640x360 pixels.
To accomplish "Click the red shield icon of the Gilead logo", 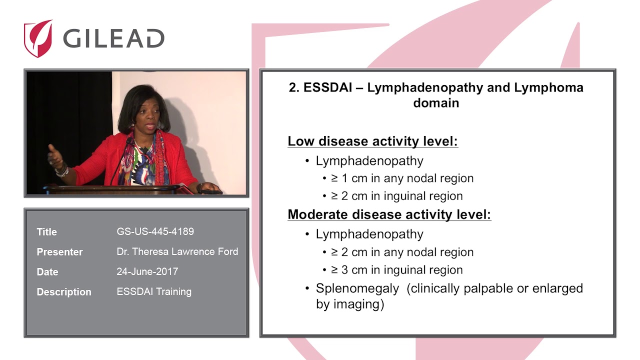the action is pos(38,38).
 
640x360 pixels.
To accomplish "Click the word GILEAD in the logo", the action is pos(113,38).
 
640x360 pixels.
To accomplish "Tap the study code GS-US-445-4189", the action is pos(155,231).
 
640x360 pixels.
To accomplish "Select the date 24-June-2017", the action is pos(147,271).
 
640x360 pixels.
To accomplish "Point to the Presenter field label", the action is pos(59,252).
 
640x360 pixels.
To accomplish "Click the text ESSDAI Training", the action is pos(154,291).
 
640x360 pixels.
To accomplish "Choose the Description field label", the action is pos(64,292).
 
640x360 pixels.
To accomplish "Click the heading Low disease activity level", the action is pos(373,141).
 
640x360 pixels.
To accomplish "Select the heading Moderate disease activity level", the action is pos(389,214).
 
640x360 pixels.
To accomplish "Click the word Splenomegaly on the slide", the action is pos(357,288).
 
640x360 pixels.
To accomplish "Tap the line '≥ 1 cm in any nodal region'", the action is pos(402,178).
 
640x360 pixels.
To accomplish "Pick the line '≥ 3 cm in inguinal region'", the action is pos(397,270).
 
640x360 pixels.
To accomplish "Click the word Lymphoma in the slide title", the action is pos(548,87).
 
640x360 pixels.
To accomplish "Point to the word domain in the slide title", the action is pos(436,103).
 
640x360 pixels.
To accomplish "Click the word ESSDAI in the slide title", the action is pos(327,87).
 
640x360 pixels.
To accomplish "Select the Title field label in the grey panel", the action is pos(47,231).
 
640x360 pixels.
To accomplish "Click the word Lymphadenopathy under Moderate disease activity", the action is pos(369,234).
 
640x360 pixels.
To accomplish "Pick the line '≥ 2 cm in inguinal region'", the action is pos(397,196).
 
